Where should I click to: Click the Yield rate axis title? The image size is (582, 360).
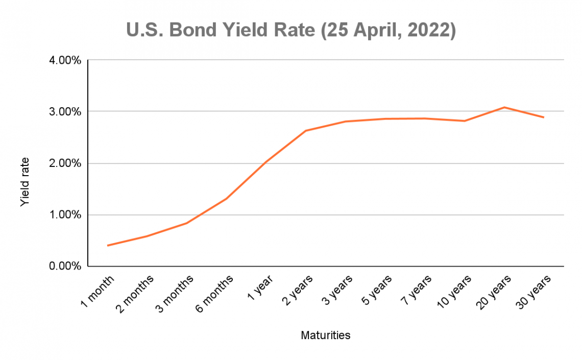pos(25,181)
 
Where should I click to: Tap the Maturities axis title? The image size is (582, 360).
pos(325,335)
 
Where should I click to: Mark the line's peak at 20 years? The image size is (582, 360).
pos(504,107)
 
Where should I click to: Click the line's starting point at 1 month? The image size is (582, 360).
pos(108,246)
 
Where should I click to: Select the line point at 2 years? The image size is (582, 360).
pos(306,131)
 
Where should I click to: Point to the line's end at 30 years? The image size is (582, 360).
pos(544,117)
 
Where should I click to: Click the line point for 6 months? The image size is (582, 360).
pos(226,198)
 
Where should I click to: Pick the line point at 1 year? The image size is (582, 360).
pos(266,161)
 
